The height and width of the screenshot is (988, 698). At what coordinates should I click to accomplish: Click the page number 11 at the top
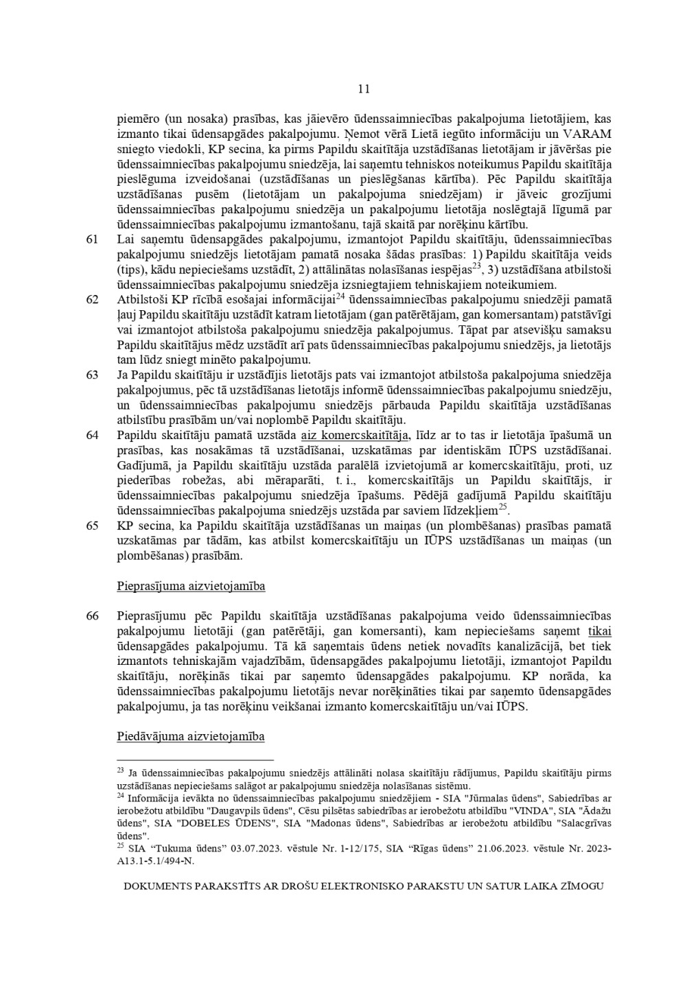pos(364,89)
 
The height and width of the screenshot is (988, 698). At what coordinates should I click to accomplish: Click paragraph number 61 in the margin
pos(93,239)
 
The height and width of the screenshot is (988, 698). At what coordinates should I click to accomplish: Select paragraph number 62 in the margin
pos(93,300)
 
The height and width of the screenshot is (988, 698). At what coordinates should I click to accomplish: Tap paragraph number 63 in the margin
pos(93,375)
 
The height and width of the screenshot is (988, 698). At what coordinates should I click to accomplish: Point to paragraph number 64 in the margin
pos(93,436)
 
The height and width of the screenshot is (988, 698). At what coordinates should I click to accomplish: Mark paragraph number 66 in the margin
pos(93,616)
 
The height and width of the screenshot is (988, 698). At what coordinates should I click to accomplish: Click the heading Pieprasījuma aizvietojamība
pos(191,587)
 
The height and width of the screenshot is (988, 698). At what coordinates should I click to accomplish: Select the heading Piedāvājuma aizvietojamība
pos(191,737)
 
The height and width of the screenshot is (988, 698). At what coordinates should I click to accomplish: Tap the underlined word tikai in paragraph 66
pos(599,631)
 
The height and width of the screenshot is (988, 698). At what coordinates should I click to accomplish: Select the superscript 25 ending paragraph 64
pos(503,507)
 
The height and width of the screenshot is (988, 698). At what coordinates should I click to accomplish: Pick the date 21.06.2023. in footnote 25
pos(497,849)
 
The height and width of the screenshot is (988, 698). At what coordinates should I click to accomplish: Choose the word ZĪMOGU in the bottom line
pos(581,886)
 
